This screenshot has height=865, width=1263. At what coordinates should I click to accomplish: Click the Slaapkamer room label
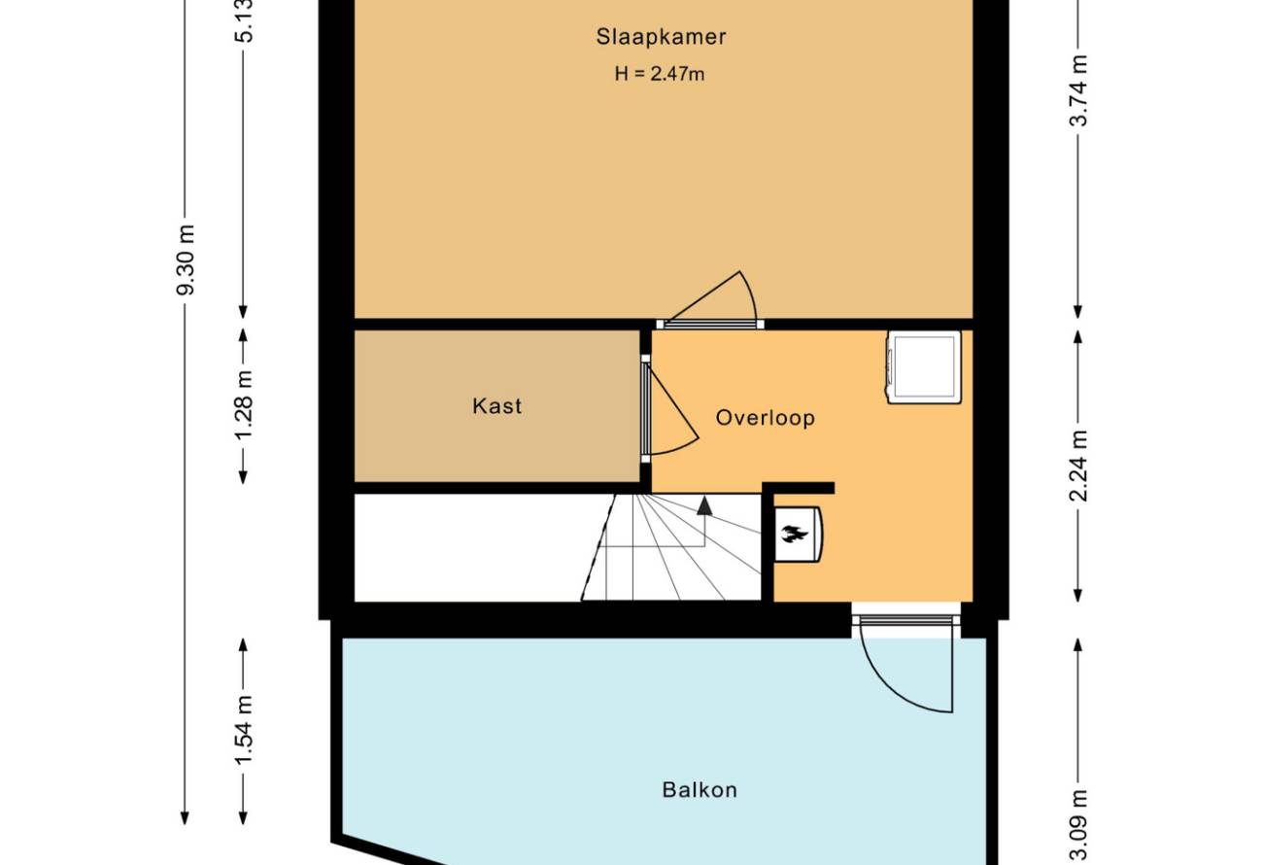coord(661,37)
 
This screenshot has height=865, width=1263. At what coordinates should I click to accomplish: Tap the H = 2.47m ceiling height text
coord(660,74)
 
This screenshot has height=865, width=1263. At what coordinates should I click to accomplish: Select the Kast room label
coord(496,406)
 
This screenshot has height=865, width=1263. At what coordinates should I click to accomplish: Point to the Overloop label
coord(766,418)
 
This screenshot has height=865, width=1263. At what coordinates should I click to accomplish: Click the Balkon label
coord(700,790)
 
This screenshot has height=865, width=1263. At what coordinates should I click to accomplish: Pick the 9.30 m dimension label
coord(186,259)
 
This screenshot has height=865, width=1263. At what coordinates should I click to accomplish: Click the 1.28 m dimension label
coord(244,405)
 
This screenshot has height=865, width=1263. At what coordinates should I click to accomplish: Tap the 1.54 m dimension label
coord(244,730)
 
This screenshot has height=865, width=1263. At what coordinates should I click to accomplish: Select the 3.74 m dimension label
coord(1078,90)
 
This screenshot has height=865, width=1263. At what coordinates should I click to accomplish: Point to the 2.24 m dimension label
coord(1078,466)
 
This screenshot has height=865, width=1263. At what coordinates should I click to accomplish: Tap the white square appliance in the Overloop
coord(924,367)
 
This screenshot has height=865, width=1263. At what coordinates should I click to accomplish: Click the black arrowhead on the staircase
coord(704,505)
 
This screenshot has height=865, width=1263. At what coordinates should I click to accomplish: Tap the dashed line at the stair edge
coord(597,547)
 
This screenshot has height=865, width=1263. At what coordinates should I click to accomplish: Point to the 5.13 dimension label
coord(244,21)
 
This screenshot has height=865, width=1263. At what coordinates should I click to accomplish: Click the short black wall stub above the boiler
coord(799,488)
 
